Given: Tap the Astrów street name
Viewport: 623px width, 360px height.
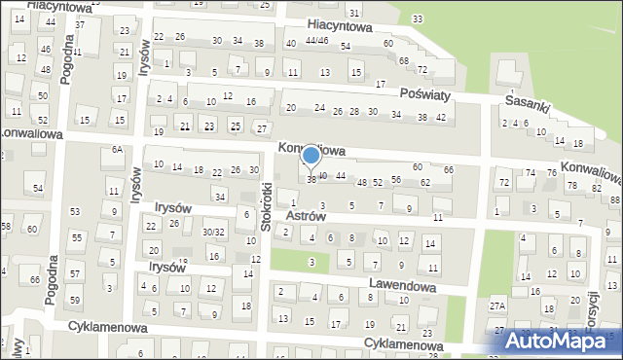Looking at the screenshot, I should (x=333, y=216).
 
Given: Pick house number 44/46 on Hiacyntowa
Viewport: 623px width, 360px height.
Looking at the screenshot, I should (x=316, y=41).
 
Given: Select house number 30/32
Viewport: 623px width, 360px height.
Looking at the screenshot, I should (x=213, y=232).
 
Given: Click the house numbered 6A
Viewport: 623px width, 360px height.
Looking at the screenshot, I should (x=117, y=149).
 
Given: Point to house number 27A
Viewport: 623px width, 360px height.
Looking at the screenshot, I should (x=497, y=306).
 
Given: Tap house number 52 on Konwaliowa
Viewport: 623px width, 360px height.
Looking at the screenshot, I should (x=377, y=182).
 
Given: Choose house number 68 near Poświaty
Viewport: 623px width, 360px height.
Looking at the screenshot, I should (x=404, y=60).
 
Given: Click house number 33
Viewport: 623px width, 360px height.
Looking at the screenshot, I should (x=418, y=18).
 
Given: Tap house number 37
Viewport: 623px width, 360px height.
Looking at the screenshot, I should (x=80, y=24).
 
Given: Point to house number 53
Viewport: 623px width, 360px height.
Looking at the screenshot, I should (x=75, y=211).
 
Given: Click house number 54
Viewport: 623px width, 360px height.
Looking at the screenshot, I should (x=38, y=187).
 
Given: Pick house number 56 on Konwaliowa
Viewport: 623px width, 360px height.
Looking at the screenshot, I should (x=396, y=179).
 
